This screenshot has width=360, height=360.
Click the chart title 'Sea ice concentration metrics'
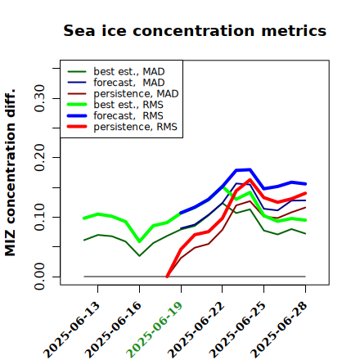[x=195, y=30]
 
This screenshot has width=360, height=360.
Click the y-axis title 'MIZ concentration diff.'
[x=10, y=173]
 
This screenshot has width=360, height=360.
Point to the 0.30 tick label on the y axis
[x=40, y=98]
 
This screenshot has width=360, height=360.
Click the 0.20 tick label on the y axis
[x=40, y=157]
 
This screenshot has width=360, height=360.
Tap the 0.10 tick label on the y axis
[x=40, y=217]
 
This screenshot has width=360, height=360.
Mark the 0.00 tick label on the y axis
[x=40, y=277]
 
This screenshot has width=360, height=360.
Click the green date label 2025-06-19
[x=155, y=330]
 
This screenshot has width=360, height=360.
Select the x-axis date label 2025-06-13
[x=71, y=330]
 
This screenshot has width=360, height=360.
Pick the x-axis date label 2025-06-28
[x=279, y=330]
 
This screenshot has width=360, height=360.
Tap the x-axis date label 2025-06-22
[x=196, y=330]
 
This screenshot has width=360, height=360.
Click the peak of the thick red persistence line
[x=250, y=180]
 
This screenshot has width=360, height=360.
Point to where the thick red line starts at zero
[x=167, y=277]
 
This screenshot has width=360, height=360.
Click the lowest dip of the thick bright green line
[x=140, y=241]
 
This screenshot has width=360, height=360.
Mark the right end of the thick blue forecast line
[x=305, y=184]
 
